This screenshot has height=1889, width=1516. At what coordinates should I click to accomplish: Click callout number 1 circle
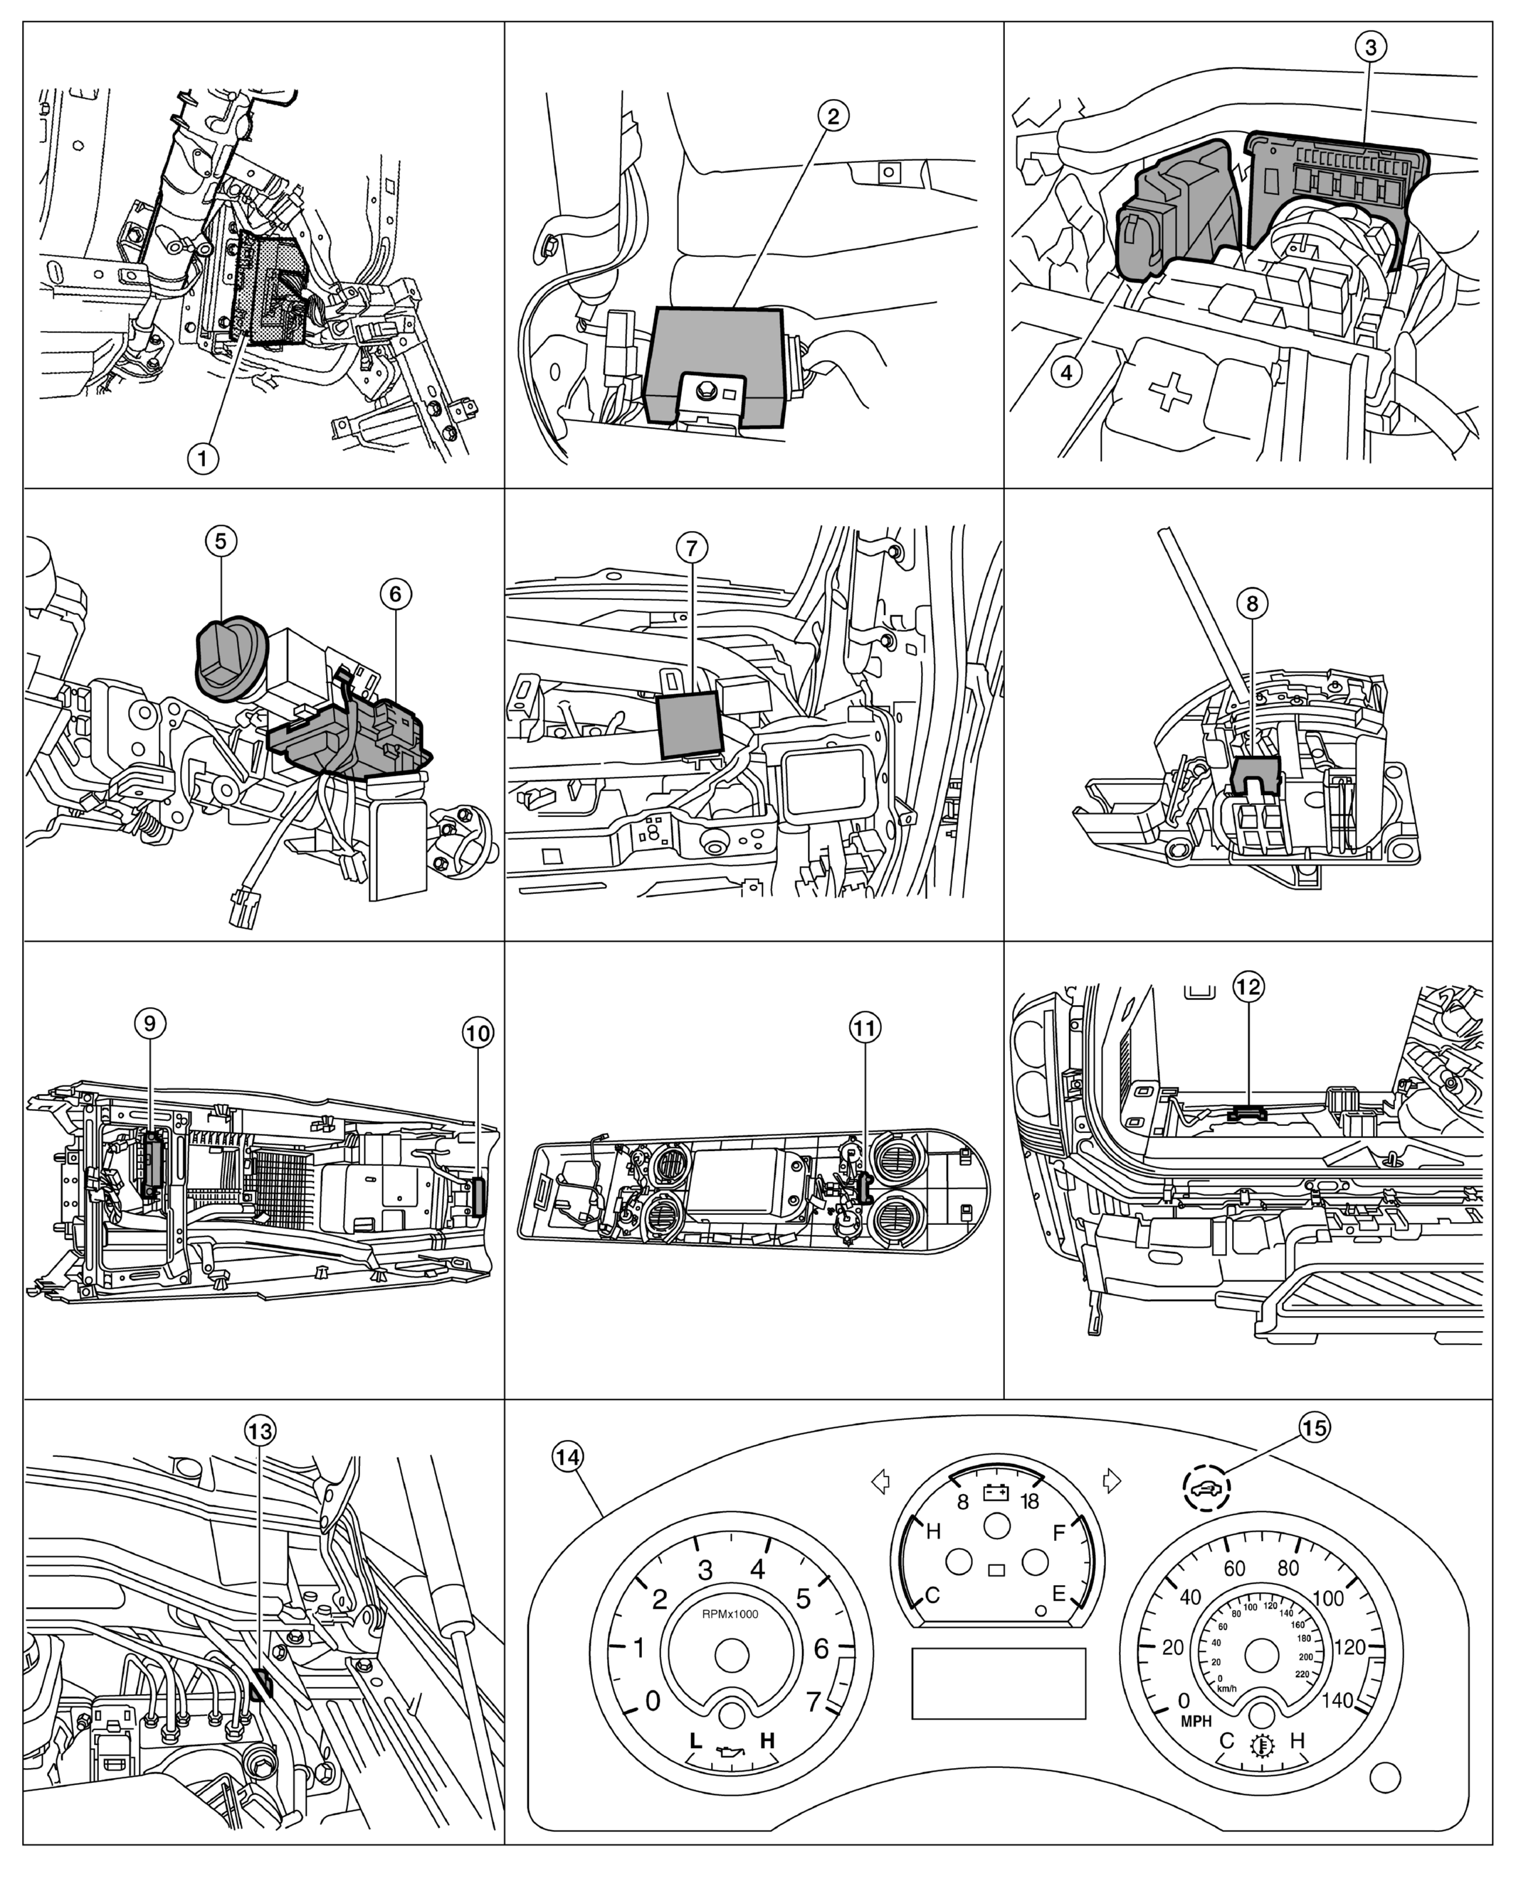point(202,458)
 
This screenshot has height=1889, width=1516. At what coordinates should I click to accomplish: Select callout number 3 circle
point(1371,46)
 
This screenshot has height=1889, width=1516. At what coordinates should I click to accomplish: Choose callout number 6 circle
point(394,594)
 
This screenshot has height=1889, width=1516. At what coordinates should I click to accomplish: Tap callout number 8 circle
point(1251,603)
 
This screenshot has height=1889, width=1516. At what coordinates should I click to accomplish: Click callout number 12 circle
point(1248,986)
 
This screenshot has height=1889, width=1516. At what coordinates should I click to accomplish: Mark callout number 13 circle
point(259,1431)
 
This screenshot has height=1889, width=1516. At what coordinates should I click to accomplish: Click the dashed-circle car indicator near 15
point(1206,1488)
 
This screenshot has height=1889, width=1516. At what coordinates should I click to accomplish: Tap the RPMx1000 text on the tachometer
point(730,1613)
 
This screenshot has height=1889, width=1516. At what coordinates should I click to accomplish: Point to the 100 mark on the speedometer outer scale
point(1329,1598)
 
